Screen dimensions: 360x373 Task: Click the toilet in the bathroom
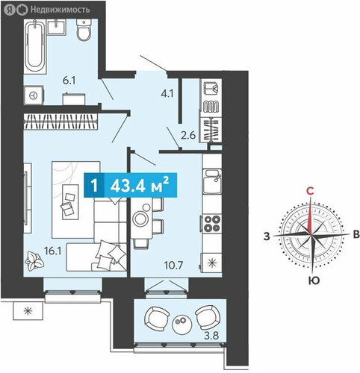(84, 30)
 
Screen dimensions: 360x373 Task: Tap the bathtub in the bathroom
(35, 47)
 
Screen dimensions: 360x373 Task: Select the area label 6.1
(69, 81)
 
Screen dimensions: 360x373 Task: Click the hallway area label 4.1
(167, 94)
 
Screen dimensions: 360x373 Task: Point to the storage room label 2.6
(188, 136)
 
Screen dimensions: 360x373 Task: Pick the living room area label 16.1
(52, 251)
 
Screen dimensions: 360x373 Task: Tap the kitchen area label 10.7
(173, 266)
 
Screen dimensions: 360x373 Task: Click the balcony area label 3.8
(211, 336)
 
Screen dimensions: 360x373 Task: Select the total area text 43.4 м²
(140, 185)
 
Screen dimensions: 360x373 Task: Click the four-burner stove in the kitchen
(212, 224)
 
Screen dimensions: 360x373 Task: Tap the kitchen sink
(212, 181)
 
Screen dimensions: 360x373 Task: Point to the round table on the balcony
(181, 325)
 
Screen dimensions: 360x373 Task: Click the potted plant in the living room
(34, 260)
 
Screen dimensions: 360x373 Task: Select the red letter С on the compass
(310, 191)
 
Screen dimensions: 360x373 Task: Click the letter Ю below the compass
(314, 280)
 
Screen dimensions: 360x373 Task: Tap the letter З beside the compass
(267, 236)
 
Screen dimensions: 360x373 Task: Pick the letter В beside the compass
(356, 234)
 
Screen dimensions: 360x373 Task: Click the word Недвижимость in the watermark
(60, 10)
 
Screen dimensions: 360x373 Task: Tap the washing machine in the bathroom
(34, 95)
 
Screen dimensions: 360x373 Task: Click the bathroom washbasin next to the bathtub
(57, 27)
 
